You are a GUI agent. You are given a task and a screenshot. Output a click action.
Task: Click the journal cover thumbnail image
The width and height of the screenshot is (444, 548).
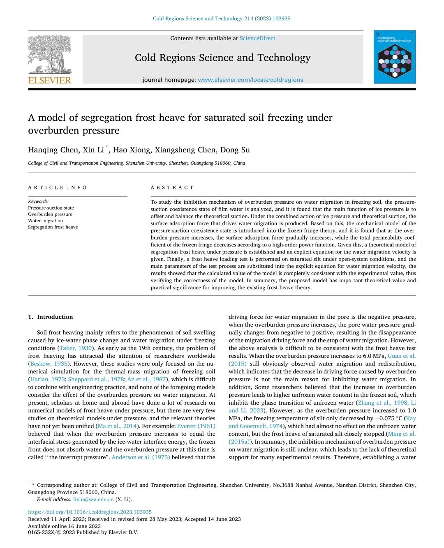pyautogui.click(x=394, y=57)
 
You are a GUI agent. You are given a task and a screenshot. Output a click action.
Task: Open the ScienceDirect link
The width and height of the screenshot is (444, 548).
pyautogui.click(x=257, y=38)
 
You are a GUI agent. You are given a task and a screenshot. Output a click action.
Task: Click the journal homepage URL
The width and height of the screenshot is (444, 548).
pyautogui.click(x=250, y=80)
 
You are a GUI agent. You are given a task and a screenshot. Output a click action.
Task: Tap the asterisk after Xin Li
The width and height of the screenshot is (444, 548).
pyautogui.click(x=107, y=147)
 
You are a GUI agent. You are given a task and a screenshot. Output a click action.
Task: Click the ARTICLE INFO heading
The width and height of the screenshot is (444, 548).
pyautogui.click(x=58, y=187)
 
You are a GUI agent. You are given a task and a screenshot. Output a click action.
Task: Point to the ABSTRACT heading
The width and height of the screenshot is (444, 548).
pyautogui.click(x=172, y=187)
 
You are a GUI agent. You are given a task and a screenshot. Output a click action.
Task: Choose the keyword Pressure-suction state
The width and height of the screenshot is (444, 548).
pyautogui.click(x=51, y=208)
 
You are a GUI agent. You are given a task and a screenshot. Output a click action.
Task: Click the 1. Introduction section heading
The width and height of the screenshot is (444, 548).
pyautogui.click(x=51, y=317)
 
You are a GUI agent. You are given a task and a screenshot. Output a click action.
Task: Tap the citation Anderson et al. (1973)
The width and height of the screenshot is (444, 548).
pyautogui.click(x=141, y=457)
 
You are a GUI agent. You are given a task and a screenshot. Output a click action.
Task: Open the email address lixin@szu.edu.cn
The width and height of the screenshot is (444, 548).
pyautogui.click(x=93, y=500)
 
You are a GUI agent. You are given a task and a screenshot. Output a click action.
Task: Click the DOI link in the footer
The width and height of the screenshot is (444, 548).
pyautogui.click(x=90, y=512)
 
